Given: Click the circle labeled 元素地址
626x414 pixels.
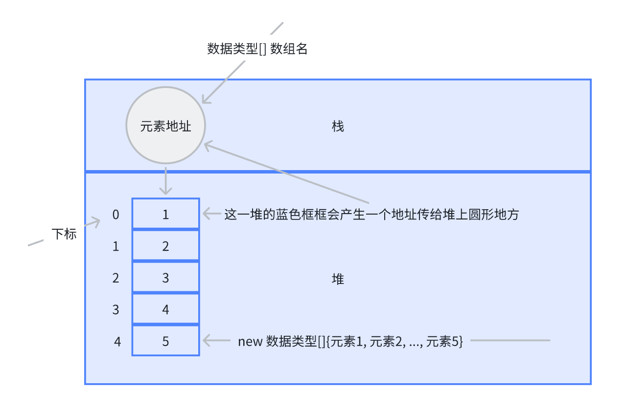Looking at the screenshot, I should click(x=165, y=126).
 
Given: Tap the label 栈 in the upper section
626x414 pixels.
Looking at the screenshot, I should click(x=338, y=127).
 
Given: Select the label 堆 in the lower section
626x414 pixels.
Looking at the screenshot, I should click(x=338, y=279).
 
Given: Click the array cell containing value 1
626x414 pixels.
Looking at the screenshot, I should click(x=165, y=214).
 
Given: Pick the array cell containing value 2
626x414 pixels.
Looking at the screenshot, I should click(x=165, y=246).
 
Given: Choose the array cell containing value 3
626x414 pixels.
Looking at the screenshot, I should click(x=165, y=278).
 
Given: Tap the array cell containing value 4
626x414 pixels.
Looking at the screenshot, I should click(x=165, y=309).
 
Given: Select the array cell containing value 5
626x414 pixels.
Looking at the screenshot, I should click(x=165, y=341).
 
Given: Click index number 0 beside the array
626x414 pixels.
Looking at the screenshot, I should click(x=116, y=215).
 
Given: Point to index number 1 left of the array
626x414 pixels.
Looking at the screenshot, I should click(x=116, y=246).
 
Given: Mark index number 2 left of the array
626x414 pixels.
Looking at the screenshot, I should click(x=116, y=278).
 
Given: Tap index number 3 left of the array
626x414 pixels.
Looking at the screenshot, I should click(x=116, y=310).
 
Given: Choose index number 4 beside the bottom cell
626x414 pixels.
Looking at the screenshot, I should click(x=117, y=341).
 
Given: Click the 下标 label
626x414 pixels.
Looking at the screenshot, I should click(x=64, y=234).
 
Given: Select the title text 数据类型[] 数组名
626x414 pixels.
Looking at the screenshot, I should click(x=257, y=49).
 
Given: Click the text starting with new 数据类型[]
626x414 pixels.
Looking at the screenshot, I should click(x=350, y=341).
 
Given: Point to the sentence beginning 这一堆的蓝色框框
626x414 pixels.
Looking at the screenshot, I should click(x=371, y=215).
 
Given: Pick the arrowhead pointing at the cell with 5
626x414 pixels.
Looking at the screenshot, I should click(x=206, y=340).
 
